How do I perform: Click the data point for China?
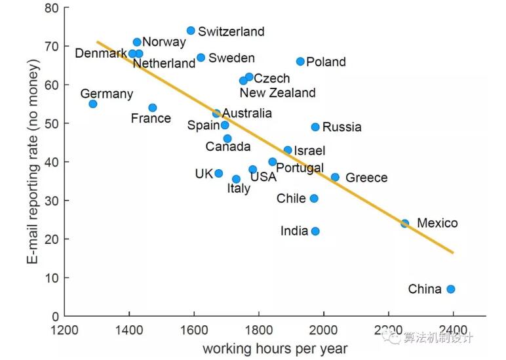(450, 289)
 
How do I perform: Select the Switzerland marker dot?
(191, 31)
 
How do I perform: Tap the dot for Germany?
(93, 104)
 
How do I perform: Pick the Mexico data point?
(405, 224)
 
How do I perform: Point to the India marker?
(315, 231)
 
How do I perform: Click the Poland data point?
(300, 62)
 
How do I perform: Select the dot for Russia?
(315, 127)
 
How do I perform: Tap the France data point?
(153, 108)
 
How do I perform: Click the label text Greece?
(366, 178)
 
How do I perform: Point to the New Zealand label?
(277, 93)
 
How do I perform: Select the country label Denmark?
(101, 53)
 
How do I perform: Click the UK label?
(204, 174)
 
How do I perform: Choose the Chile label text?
(291, 198)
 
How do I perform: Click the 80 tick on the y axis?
(51, 9)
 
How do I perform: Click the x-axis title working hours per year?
(275, 348)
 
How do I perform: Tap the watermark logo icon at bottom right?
(395, 338)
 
